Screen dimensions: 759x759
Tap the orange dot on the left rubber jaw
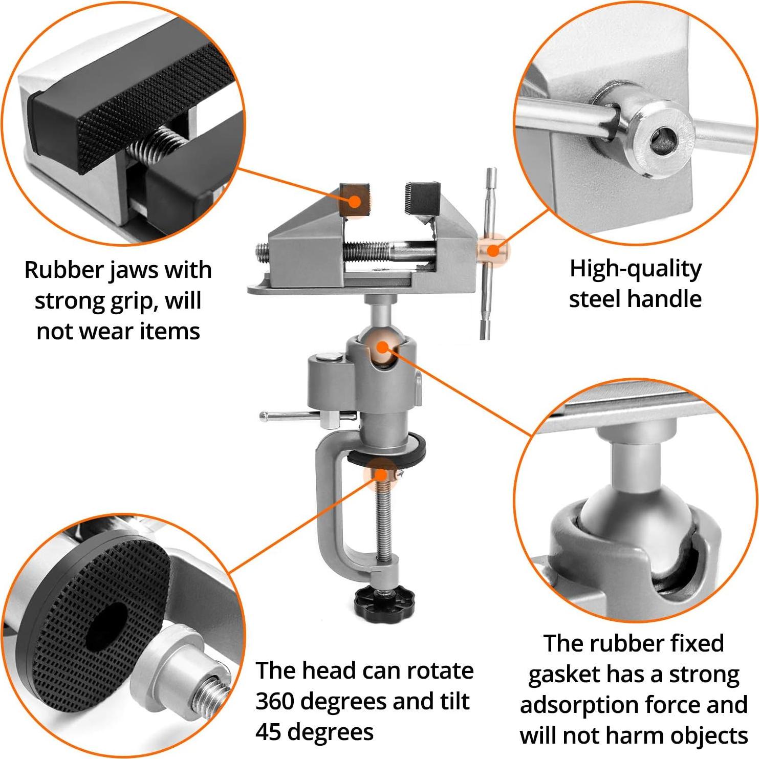pyautogui.click(x=354, y=201)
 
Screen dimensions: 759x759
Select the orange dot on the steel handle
pyautogui.click(x=492, y=250)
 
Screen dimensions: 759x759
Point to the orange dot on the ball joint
pyautogui.click(x=382, y=347)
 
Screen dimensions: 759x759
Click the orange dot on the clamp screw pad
pyautogui.click(x=381, y=474)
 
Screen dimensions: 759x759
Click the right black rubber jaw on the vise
pyautogui.click(x=423, y=198)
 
